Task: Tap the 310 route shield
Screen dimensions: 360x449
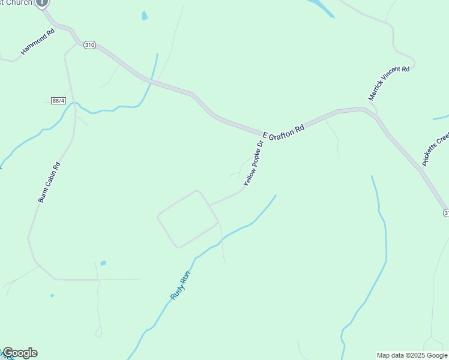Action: pyautogui.click(x=89, y=45)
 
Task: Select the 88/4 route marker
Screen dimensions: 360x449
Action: pyautogui.click(x=58, y=100)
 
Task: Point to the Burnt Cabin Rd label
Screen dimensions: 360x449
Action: pyautogui.click(x=49, y=182)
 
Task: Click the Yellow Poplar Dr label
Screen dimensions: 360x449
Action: pyautogui.click(x=253, y=163)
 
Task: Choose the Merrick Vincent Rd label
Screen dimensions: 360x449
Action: pyautogui.click(x=389, y=83)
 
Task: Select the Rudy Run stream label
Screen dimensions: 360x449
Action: pyautogui.click(x=180, y=286)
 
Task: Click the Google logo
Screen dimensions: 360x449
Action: pyautogui.click(x=20, y=353)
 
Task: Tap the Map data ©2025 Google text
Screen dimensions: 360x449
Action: pyautogui.click(x=412, y=355)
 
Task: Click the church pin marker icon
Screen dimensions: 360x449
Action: pyautogui.click(x=41, y=3)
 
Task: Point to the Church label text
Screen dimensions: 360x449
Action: pyautogui.click(x=18, y=3)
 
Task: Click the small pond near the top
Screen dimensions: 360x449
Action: pyautogui.click(x=144, y=16)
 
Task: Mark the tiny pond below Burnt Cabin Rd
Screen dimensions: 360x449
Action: pyautogui.click(x=52, y=295)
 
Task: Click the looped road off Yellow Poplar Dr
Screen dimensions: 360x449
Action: pyautogui.click(x=187, y=219)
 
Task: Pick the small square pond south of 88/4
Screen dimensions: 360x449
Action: pyautogui.click(x=103, y=263)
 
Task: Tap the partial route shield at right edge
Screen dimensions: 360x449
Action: pyautogui.click(x=446, y=213)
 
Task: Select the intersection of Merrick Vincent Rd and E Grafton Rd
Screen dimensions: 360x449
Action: pyautogui.click(x=372, y=109)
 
